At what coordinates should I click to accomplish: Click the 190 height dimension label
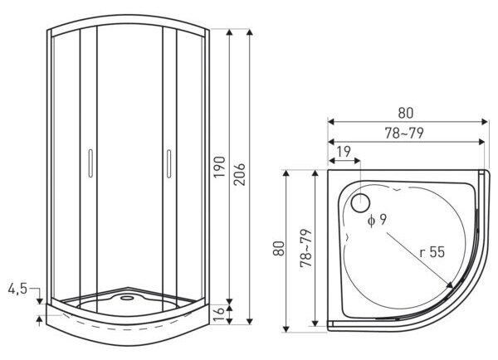click(219, 167)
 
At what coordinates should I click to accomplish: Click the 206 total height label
click(239, 174)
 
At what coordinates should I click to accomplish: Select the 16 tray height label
click(219, 314)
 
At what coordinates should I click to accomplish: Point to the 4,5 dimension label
click(17, 289)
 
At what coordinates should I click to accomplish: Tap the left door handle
click(90, 163)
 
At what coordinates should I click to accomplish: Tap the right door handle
click(169, 163)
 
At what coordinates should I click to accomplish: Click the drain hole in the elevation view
click(128, 298)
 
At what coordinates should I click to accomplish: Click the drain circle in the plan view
click(360, 203)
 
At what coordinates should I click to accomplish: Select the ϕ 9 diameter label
click(377, 220)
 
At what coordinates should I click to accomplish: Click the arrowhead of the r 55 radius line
click(451, 285)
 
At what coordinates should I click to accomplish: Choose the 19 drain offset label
click(344, 152)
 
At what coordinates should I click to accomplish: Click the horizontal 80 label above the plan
click(406, 113)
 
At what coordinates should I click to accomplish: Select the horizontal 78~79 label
click(404, 134)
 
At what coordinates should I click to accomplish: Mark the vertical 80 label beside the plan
click(279, 249)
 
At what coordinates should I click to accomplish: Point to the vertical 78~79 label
click(306, 248)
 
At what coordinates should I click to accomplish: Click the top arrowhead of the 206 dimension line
click(250, 32)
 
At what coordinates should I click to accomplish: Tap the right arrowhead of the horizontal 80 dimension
click(485, 122)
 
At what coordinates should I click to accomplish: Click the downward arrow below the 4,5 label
click(39, 300)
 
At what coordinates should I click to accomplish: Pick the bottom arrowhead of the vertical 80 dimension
click(286, 328)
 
